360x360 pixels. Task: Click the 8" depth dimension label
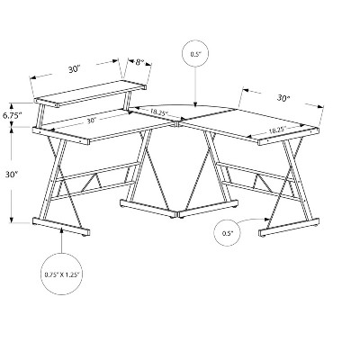[139, 62]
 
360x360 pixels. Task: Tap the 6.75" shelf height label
[13, 115]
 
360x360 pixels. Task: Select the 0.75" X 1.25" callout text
[61, 274]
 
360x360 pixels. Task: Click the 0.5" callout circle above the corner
[195, 54]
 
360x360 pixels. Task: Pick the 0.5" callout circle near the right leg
[228, 233]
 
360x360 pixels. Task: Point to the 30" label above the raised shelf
[74, 69]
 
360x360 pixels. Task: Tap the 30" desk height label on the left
[12, 175]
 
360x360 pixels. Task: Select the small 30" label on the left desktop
[91, 121]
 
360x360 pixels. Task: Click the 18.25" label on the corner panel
[158, 112]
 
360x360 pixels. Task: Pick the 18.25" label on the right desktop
[276, 130]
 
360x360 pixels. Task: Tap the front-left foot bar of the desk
[61, 227]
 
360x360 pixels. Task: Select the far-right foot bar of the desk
[289, 229]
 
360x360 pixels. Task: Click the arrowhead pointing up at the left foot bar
[61, 230]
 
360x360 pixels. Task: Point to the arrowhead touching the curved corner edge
[195, 104]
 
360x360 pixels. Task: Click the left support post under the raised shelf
[39, 115]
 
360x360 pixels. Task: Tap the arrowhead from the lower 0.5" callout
[265, 219]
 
